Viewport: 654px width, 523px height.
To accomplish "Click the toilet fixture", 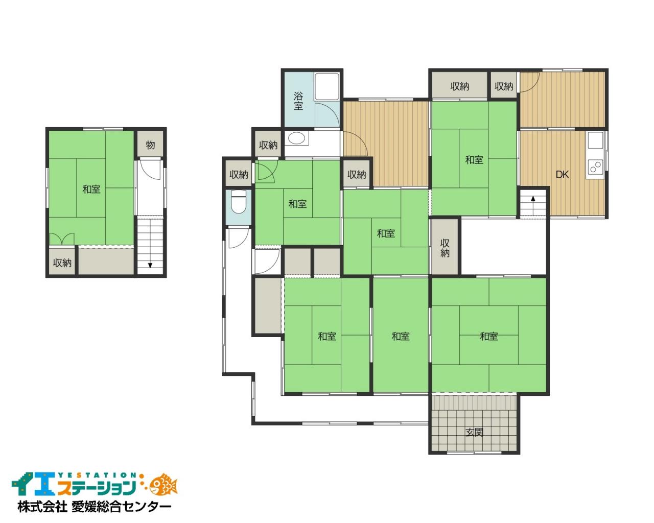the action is [x=239, y=202].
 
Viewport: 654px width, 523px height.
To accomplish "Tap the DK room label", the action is [x=562, y=175].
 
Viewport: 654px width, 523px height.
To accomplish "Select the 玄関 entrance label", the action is [x=474, y=432].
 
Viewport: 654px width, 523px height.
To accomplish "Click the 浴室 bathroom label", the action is [x=298, y=101].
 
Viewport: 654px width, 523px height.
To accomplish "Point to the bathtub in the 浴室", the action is [x=327, y=86].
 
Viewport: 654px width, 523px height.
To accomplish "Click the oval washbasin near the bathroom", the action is [x=296, y=138].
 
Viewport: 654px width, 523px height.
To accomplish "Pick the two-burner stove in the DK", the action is [x=595, y=167].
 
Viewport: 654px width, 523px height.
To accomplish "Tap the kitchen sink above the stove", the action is [x=595, y=140].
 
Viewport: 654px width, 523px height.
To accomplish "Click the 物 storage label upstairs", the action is [x=150, y=145].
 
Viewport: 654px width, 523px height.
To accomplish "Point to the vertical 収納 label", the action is [x=445, y=248].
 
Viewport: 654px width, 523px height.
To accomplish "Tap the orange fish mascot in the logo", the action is [x=165, y=484].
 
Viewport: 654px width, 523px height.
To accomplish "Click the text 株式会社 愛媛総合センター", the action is [x=95, y=507].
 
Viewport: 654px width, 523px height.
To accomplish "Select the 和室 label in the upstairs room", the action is [x=91, y=189].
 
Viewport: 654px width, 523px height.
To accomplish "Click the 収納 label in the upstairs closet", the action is [x=62, y=263].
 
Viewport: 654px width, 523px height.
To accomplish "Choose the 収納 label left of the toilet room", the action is [x=239, y=175].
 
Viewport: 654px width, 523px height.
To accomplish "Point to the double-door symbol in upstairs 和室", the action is [x=62, y=239].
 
